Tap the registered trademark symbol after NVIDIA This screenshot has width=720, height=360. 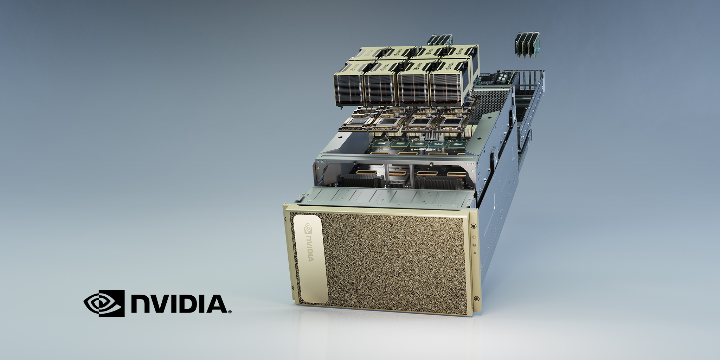[x=230, y=311]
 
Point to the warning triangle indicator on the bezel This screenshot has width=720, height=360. [x=474, y=253]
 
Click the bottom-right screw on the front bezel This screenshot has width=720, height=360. [x=476, y=299]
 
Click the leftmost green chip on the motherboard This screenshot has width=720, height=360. [x=380, y=143]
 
